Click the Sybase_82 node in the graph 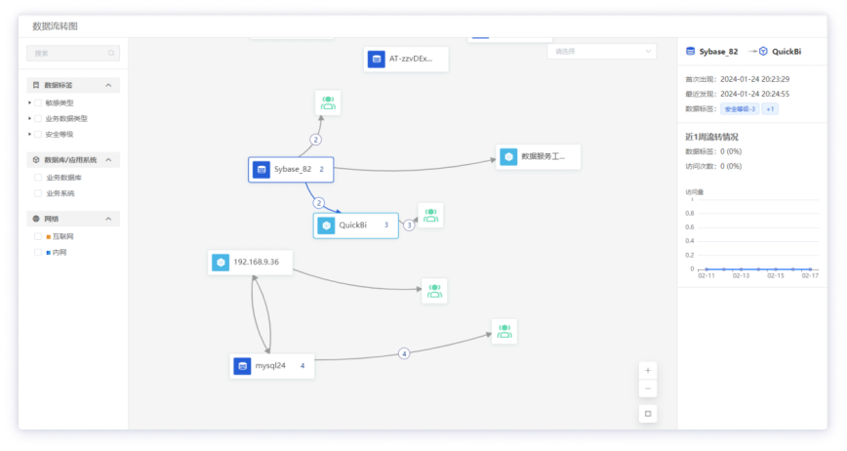291,170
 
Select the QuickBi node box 355,225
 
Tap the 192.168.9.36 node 251,263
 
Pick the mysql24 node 272,366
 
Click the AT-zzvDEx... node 406,59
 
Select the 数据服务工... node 538,156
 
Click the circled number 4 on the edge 404,353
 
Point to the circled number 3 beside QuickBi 409,225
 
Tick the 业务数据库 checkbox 38,178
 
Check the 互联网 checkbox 38,236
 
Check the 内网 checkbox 38,252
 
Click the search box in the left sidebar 73,53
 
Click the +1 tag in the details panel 770,109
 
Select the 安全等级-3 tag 740,109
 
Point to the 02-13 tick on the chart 741,276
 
